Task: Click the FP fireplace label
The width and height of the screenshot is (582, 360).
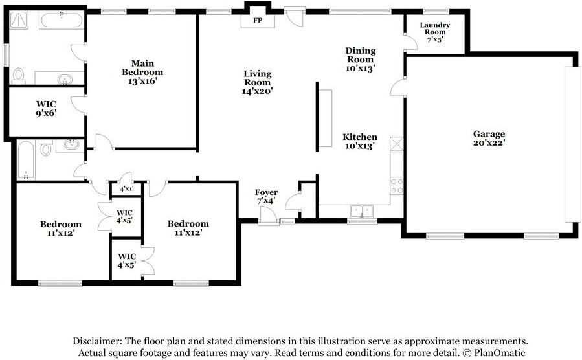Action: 258,20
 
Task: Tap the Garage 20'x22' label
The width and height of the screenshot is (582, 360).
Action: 489,138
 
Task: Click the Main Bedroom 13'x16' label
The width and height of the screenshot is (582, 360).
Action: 142,72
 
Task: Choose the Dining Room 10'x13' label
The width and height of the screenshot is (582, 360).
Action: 361,60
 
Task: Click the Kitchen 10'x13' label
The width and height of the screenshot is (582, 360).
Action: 360,141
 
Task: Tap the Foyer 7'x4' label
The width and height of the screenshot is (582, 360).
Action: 266,197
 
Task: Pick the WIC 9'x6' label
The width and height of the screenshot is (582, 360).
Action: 47,108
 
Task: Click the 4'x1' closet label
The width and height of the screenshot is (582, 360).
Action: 126,189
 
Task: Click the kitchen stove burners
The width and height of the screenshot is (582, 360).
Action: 397,186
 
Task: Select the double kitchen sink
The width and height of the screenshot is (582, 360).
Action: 361,211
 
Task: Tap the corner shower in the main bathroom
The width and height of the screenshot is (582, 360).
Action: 19,19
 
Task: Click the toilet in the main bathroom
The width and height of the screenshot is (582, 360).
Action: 18,76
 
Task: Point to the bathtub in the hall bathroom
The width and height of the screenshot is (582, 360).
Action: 26,159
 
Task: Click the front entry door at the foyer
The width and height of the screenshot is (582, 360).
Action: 268,216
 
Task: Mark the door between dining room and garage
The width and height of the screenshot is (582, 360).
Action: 397,87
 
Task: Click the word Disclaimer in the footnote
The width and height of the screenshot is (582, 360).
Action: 97,341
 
